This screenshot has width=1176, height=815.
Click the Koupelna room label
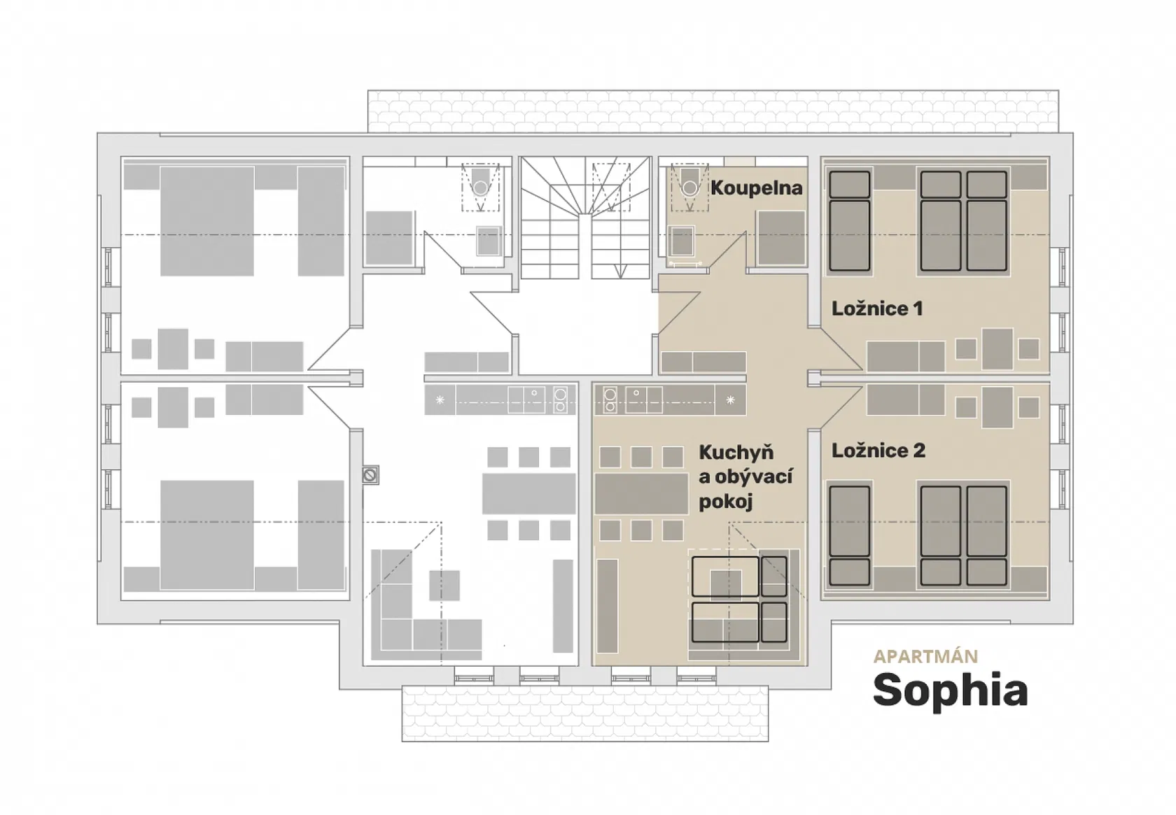click(757, 188)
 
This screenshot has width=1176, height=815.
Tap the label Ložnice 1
click(876, 309)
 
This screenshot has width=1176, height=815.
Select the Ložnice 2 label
click(878, 451)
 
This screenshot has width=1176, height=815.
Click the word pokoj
click(725, 502)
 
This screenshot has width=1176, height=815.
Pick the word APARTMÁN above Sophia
click(925, 656)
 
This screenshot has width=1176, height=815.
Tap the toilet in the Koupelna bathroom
click(690, 182)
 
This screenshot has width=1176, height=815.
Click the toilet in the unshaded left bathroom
click(480, 182)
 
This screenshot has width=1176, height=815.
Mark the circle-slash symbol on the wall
click(370, 476)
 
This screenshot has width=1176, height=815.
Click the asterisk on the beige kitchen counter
click(730, 400)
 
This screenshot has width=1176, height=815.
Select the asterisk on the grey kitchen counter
click(440, 400)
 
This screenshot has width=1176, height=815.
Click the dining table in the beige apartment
click(641, 494)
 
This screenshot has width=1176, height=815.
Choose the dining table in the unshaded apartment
click(528, 494)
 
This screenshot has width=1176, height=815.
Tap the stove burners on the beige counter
click(610, 400)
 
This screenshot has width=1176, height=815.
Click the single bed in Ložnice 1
click(850, 221)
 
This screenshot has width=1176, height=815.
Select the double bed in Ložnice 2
click(964, 535)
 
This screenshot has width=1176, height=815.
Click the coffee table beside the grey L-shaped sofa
click(444, 586)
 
